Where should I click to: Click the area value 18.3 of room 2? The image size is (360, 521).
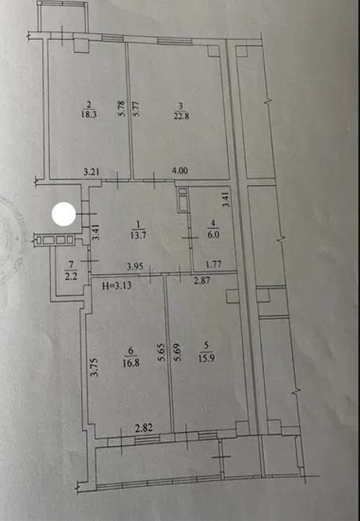pyautogui.click(x=88, y=114)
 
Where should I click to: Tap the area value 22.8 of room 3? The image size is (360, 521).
pyautogui.click(x=180, y=116)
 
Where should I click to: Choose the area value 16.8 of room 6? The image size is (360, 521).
pyautogui.click(x=132, y=362)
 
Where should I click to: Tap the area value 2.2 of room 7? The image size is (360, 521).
pyautogui.click(x=71, y=276)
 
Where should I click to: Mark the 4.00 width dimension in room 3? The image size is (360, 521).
pyautogui.click(x=180, y=171)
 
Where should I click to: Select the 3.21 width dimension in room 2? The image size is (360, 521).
pyautogui.click(x=91, y=172)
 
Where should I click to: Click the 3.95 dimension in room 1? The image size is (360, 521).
pyautogui.click(x=134, y=266)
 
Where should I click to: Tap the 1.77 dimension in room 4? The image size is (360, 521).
pyautogui.click(x=213, y=265)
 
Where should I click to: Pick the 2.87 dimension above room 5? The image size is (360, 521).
pyautogui.click(x=202, y=280)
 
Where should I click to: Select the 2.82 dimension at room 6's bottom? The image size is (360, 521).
pyautogui.click(x=145, y=427)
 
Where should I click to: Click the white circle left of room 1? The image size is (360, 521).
pyautogui.click(x=64, y=214)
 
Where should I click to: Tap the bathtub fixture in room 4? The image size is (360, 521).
pyautogui.click(x=183, y=200)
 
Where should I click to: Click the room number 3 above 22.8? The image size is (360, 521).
pyautogui.click(x=180, y=106)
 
